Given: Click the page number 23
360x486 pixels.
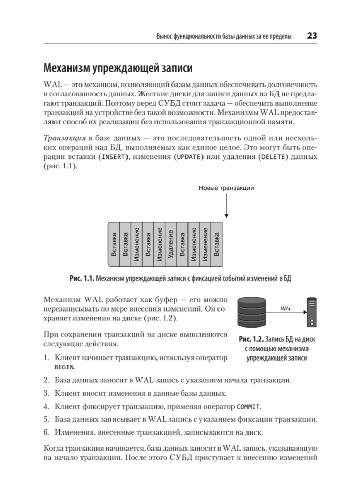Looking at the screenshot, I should click(x=312, y=36).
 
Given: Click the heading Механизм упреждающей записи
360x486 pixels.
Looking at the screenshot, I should click(x=118, y=68).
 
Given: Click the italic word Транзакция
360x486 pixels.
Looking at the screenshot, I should click(x=64, y=138).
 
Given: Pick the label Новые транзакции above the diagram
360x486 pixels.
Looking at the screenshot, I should click(x=226, y=188).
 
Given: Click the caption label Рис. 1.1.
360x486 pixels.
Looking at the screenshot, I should click(x=81, y=279).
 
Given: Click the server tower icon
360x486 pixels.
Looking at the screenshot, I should click(x=312, y=312).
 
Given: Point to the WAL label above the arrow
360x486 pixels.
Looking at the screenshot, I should click(x=286, y=308).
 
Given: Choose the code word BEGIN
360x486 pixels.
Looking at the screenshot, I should click(x=64, y=367).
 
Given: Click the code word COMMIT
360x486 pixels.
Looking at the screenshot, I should click(x=248, y=407).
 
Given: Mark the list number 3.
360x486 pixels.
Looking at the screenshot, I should click(x=46, y=394).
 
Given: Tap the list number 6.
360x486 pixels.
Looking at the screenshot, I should click(x=46, y=433).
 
